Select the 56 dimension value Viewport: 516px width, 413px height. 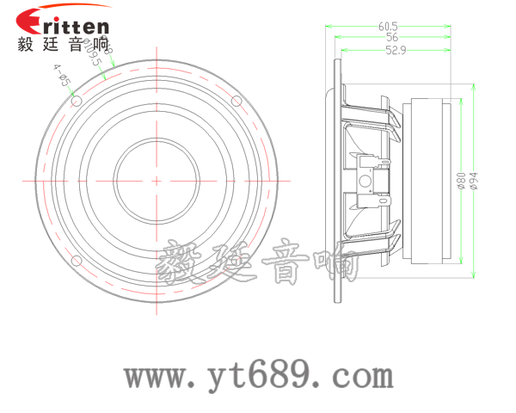(x=391, y=37)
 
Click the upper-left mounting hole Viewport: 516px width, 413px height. (x=76, y=101)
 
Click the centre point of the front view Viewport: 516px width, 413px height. (x=157, y=181)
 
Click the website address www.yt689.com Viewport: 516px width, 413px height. (x=258, y=377)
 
